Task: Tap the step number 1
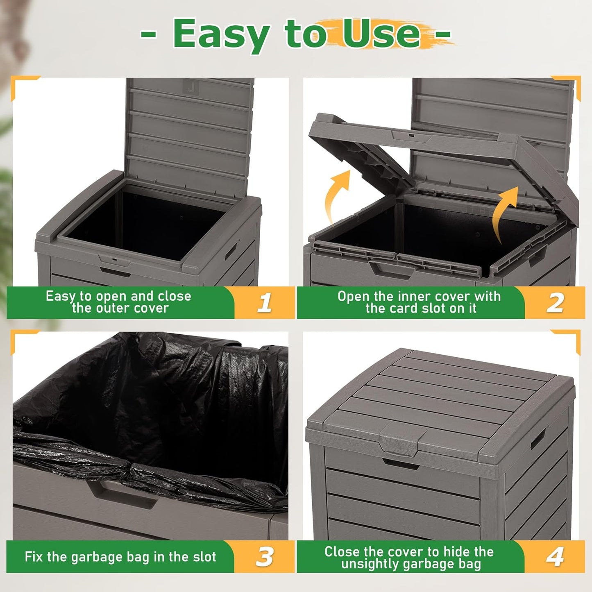(265, 303)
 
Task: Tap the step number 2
(555, 303)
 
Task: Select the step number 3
(265, 557)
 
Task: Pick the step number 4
(555, 557)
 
